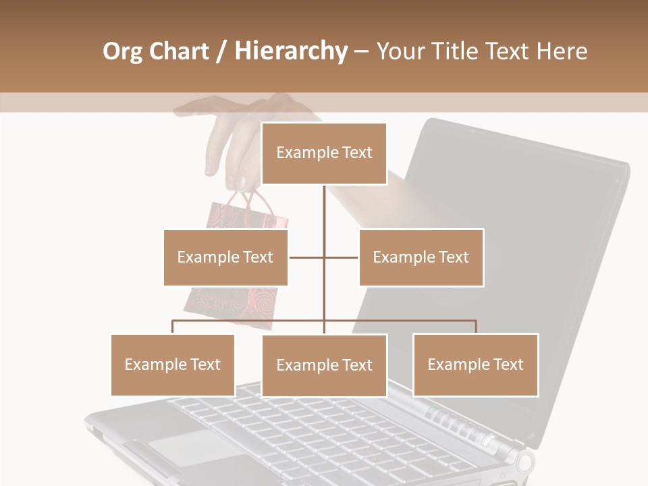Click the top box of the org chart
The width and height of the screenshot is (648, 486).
(324, 153)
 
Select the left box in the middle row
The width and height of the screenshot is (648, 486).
(225, 257)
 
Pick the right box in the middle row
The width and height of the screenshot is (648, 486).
(421, 257)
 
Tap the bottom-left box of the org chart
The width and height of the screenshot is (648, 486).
(173, 364)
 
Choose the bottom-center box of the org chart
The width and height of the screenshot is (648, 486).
(324, 365)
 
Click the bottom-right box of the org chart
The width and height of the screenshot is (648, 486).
(475, 364)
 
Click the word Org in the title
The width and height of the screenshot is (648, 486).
(122, 51)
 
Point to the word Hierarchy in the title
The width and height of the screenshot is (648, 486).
(290, 51)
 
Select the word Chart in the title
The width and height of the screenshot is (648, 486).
(180, 51)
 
